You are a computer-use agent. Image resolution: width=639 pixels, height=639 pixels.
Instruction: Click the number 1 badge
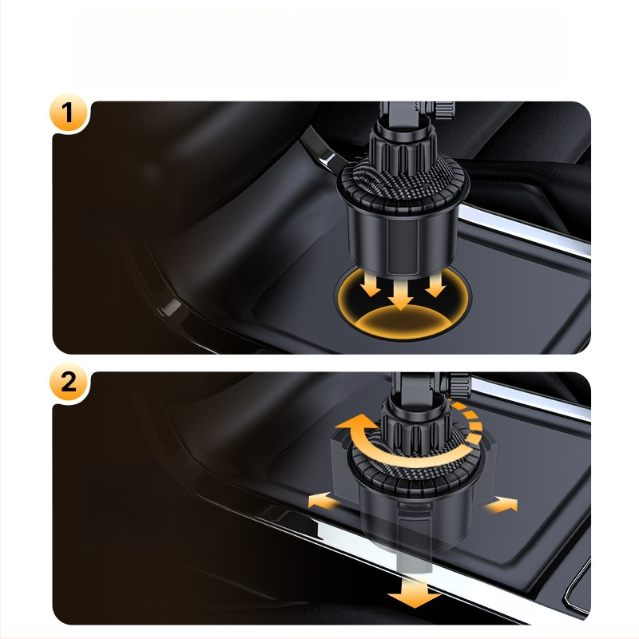coord(68,113)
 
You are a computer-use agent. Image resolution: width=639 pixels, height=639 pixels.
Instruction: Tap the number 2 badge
coord(68,383)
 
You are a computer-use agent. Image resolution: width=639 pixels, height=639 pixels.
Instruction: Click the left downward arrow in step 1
coord(371,284)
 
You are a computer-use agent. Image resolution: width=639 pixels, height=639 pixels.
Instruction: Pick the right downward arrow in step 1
coord(435,284)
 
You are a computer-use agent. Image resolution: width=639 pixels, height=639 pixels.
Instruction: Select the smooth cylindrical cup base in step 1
coord(403,240)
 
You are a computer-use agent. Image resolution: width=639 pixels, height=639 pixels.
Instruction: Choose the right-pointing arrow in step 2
coord(502,505)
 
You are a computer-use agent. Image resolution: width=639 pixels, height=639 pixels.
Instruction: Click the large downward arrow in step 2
coord(414,593)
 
